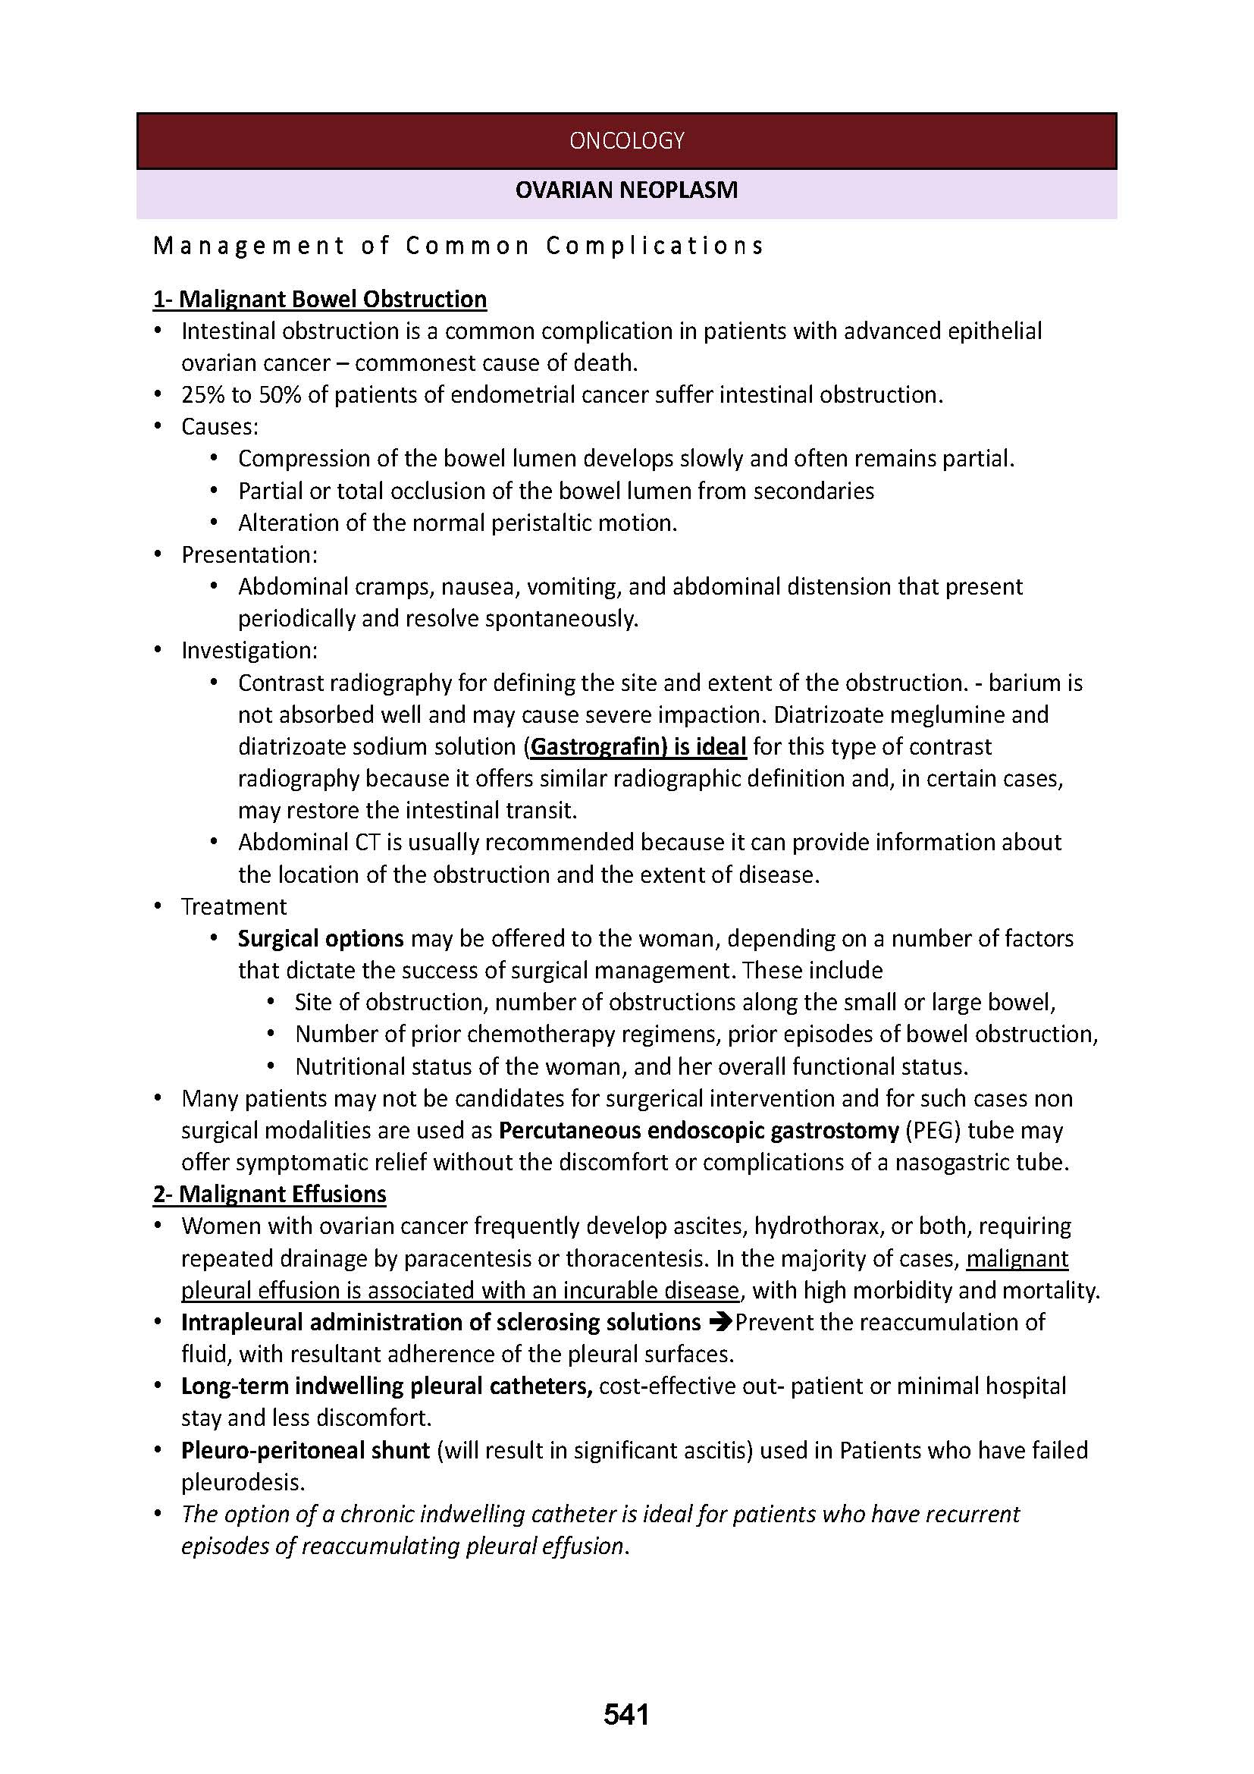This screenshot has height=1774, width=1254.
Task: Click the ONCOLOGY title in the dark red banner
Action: click(x=626, y=140)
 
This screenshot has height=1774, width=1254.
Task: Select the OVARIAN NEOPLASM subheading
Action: click(x=626, y=190)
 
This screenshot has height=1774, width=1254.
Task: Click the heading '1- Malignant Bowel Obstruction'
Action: click(x=320, y=299)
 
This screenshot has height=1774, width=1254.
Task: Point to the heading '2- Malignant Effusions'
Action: click(x=269, y=1194)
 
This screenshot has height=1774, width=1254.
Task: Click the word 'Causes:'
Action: click(x=220, y=426)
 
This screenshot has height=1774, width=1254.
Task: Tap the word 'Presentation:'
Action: click(x=249, y=554)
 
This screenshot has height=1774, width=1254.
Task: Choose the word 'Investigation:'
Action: click(x=249, y=651)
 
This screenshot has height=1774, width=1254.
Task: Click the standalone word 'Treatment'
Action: click(x=234, y=906)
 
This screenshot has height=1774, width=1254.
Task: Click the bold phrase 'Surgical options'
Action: click(x=321, y=938)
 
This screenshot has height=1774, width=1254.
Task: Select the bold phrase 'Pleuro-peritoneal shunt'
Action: click(x=305, y=1450)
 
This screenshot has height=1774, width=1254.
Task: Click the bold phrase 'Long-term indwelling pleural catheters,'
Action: click(x=387, y=1386)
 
